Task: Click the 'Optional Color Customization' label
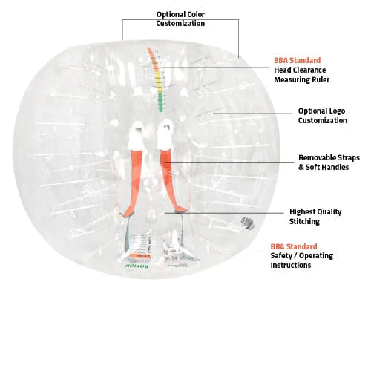point(180,19)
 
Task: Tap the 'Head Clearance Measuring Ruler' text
point(301,75)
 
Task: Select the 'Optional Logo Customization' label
point(322,116)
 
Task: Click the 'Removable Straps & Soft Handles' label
point(329,162)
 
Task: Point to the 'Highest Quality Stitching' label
point(315,217)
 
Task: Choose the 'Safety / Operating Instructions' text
point(301,260)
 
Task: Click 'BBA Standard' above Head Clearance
point(297,60)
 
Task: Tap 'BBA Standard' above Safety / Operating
point(294,246)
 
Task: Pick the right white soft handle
point(165,135)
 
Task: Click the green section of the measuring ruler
point(161,102)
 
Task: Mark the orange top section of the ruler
point(153,59)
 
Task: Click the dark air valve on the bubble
point(248,223)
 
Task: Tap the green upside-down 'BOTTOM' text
point(137,266)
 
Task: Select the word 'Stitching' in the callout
point(304,221)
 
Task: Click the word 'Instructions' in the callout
point(291,265)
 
